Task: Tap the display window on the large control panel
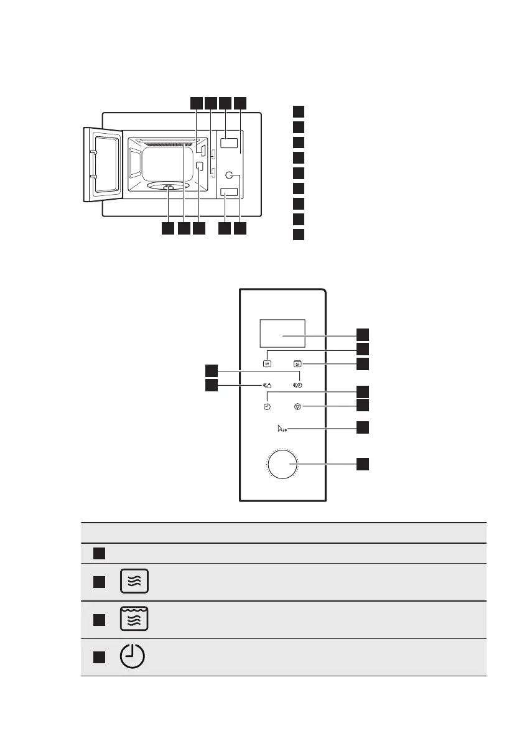[x=282, y=335]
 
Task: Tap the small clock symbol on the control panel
[x=267, y=406]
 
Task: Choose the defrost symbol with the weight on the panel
[x=267, y=385]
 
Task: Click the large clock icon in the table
[x=133, y=657]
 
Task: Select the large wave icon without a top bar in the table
[x=134, y=582]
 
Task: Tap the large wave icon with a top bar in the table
[x=134, y=620]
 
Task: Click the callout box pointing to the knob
[x=362, y=464]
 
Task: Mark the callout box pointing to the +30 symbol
[x=362, y=427]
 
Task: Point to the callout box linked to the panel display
[x=362, y=333]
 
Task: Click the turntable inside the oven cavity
[x=169, y=187]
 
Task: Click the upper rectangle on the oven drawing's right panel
[x=230, y=144]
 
